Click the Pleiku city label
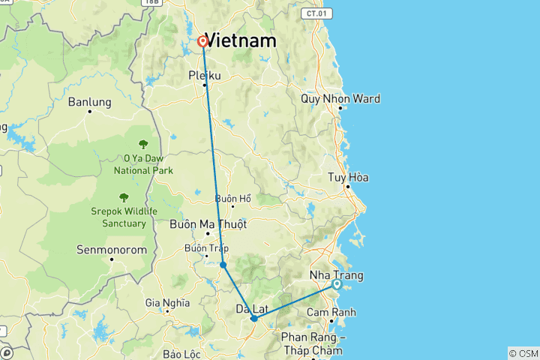[x=205, y=74]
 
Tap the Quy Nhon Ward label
[x=340, y=98]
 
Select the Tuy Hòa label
[x=348, y=178]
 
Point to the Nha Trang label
[x=336, y=275]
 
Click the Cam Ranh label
[x=331, y=312]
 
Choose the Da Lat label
[x=253, y=308]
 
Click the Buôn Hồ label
[x=232, y=198]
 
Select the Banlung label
[x=89, y=102]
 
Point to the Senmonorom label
[x=112, y=249]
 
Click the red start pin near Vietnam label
[x=202, y=42]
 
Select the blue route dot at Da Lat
[x=254, y=319]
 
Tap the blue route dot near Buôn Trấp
[x=223, y=265]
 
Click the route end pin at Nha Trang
[x=337, y=285]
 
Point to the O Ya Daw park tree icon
[x=143, y=144]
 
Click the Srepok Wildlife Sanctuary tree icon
[x=124, y=197]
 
